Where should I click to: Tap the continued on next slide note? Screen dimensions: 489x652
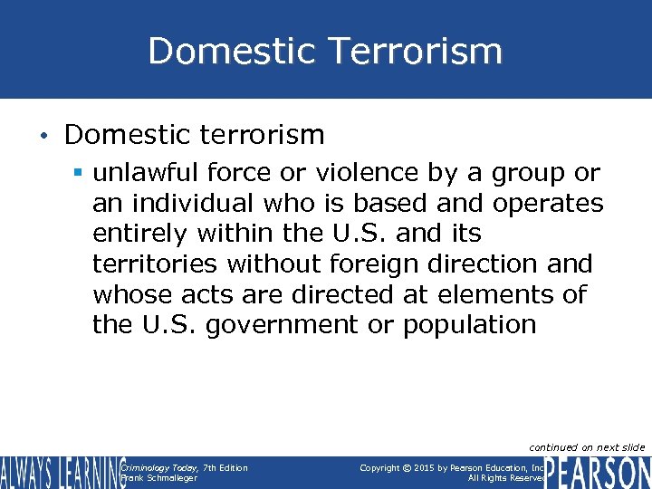(587, 447)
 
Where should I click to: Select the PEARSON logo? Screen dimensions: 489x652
(598, 473)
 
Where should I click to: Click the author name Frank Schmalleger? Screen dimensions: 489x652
(158, 478)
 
